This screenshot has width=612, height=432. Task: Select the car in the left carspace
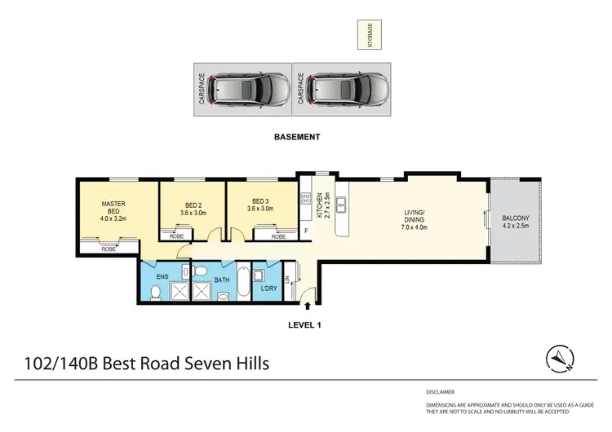[x=249, y=88]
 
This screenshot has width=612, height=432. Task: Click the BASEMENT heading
[x=296, y=138]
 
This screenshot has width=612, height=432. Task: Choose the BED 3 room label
[x=260, y=209]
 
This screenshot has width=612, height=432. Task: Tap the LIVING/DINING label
[x=415, y=221]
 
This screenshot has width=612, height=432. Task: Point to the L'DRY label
[x=266, y=289]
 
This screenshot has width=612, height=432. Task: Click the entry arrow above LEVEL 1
[x=308, y=307]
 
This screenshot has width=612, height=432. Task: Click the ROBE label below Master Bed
[x=109, y=249]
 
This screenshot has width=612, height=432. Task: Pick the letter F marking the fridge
[x=306, y=231]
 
